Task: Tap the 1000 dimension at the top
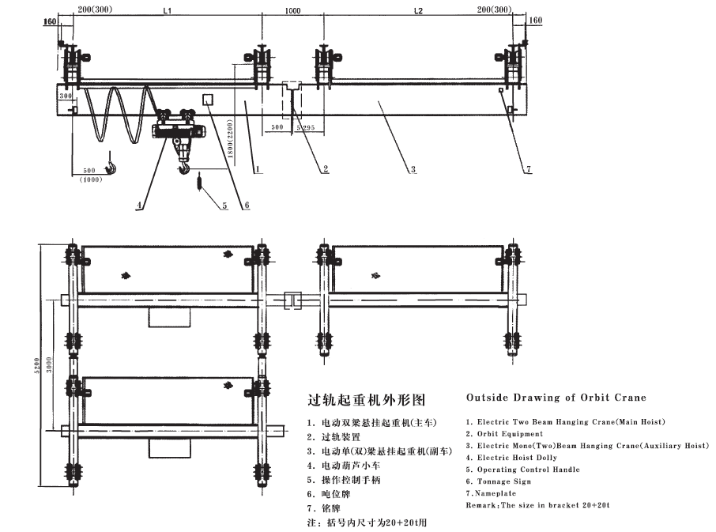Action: point(292,11)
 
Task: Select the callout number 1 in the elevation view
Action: point(258,169)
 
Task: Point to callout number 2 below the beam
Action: point(326,169)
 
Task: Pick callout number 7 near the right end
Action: point(528,169)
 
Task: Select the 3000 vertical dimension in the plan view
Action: point(49,364)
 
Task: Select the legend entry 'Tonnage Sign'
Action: point(507,481)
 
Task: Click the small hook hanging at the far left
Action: point(112,164)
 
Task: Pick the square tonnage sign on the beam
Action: point(209,99)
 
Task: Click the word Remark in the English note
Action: point(479,504)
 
